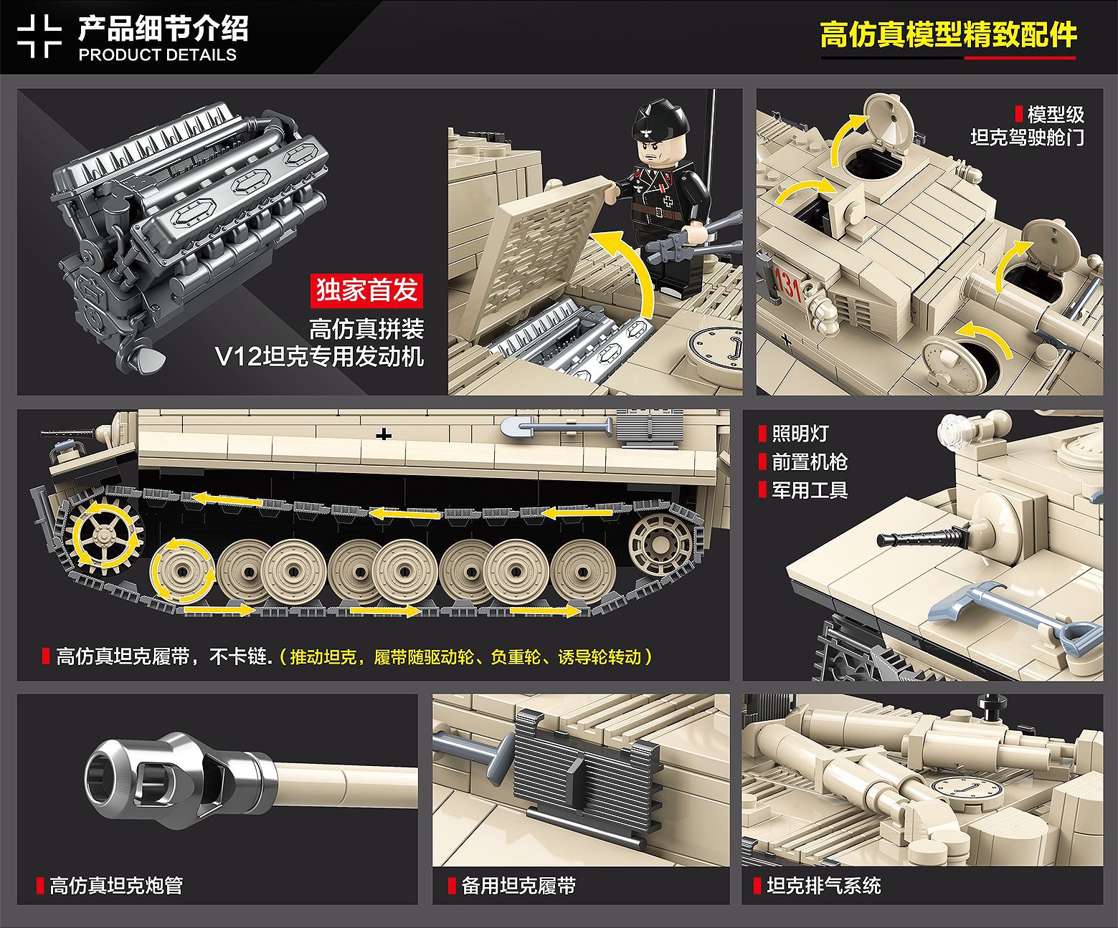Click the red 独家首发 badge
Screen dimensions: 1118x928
(366, 291)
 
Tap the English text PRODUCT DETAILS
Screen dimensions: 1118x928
(158, 54)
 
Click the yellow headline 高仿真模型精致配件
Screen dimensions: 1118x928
(948, 35)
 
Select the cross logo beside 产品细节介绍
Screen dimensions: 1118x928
(39, 36)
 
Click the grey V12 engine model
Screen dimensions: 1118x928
(190, 236)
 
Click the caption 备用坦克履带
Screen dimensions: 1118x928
(518, 886)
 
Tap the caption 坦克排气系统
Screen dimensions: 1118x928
(824, 886)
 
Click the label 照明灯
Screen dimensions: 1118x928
(800, 434)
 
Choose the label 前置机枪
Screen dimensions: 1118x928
(810, 462)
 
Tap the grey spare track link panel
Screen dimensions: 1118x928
(584, 777)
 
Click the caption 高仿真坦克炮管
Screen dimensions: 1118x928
(116, 886)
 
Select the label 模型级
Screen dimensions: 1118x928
(1056, 115)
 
